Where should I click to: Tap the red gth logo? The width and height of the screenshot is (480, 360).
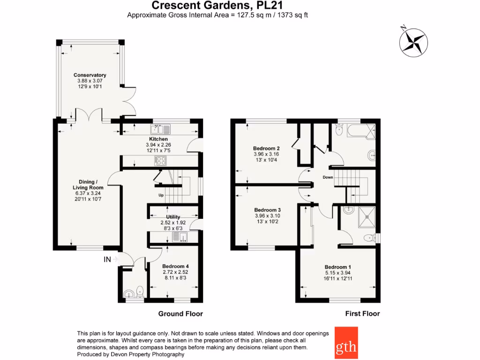(346, 343)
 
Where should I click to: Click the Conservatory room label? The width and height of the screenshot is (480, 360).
(90, 75)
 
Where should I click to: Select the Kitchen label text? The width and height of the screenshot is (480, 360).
(158, 139)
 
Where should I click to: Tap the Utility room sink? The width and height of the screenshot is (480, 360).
(180, 237)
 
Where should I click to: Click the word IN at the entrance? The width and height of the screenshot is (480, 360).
(108, 259)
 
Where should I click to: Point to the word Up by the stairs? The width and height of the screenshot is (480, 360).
(161, 195)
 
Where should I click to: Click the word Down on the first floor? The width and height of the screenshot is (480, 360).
(328, 177)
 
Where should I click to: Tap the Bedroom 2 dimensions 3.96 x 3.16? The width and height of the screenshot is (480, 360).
(266, 154)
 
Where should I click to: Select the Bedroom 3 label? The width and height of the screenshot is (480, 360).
(267, 210)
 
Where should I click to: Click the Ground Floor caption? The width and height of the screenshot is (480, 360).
(180, 314)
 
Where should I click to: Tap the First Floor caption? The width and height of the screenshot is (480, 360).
(362, 314)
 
